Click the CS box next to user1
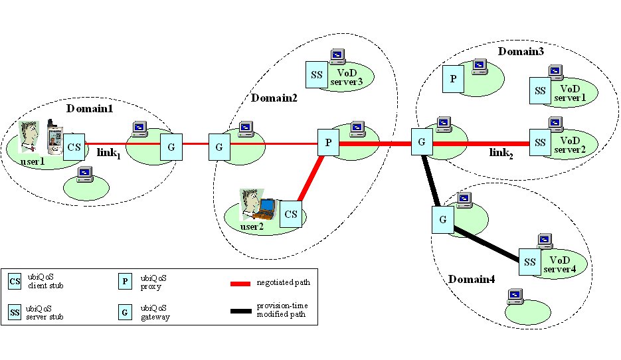tap(74, 145)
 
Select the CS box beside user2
tap(291, 214)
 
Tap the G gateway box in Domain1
tap(171, 145)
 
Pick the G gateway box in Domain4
tap(442, 219)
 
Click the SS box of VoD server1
tap(539, 90)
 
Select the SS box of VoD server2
tap(540, 142)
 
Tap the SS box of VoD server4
tap(529, 262)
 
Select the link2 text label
tap(502, 153)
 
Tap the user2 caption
tap(253, 226)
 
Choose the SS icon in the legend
tap(15, 311)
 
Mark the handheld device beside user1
tap(53, 137)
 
